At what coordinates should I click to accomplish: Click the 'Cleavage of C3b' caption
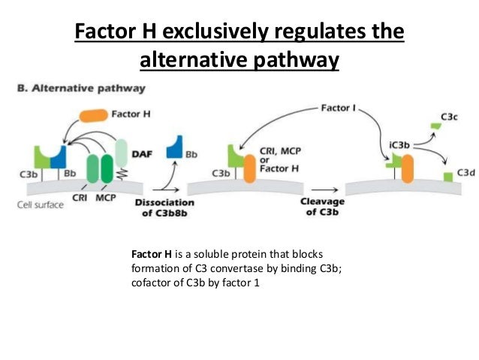coord(323,207)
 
